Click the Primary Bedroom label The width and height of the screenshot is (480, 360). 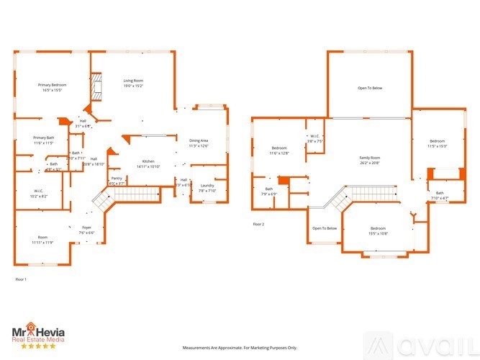pos(50,85)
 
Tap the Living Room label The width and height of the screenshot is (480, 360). pos(133,81)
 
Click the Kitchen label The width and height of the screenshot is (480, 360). pos(148,161)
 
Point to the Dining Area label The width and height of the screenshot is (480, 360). pos(199,140)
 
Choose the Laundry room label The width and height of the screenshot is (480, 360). pos(208,186)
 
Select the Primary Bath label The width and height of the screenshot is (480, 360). pos(44,138)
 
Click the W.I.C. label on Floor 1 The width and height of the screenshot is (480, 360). pos(40,191)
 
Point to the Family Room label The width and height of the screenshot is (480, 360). pos(370,157)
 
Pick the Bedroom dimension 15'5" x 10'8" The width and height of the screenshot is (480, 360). pos(378,233)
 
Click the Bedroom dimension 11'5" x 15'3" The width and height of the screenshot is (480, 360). pos(438,146)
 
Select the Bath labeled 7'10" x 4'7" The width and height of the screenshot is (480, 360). pos(440,198)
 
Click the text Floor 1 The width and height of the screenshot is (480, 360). pos(21,279)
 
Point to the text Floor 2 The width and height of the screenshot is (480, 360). pos(258,225)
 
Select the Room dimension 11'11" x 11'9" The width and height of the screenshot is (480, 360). pos(43,243)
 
